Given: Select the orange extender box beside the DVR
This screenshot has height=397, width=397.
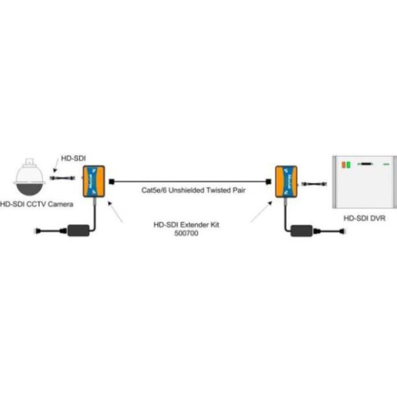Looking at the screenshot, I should tap(285, 181).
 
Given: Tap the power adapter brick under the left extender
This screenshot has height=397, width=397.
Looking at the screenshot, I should tap(78, 230).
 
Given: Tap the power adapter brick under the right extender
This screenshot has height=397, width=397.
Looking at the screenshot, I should tap(304, 230).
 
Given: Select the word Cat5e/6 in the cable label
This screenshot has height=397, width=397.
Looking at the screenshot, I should tap(150, 191).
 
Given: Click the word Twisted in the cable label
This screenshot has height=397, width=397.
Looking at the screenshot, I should tap(217, 191).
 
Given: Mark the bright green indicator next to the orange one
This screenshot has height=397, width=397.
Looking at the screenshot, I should tap(348, 164).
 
